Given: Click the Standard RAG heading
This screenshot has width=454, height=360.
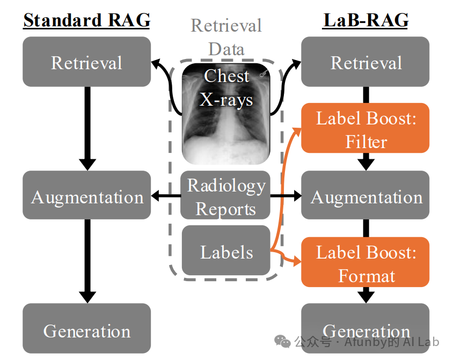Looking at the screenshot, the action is click(x=86, y=20).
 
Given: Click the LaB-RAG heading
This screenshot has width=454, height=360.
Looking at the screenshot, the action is click(x=365, y=20).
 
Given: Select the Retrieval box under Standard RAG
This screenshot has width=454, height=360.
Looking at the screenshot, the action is click(x=86, y=62).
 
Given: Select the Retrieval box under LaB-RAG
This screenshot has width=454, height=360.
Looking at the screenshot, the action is click(x=365, y=62).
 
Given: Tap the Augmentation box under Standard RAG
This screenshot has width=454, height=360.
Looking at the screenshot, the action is click(x=86, y=195).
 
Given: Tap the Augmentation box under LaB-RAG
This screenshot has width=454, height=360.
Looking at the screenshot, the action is click(x=365, y=195).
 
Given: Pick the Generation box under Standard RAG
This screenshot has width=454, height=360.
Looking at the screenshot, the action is click(x=86, y=328).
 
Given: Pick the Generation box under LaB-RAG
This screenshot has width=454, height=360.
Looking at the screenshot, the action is click(x=365, y=328).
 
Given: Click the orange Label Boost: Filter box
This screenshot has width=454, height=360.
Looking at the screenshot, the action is click(x=365, y=128).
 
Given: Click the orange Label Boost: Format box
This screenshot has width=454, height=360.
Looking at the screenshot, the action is click(x=365, y=262).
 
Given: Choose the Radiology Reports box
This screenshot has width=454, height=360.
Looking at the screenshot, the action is click(x=225, y=195).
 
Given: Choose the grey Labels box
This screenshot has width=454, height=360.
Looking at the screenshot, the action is click(x=226, y=251).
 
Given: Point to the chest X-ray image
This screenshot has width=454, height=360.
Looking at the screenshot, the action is click(x=226, y=114).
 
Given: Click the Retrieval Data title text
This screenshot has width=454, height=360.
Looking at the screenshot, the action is click(x=226, y=37).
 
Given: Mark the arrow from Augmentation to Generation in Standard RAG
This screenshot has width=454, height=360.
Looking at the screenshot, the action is click(x=87, y=261).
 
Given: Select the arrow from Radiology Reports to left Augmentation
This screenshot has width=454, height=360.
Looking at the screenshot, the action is click(x=166, y=196).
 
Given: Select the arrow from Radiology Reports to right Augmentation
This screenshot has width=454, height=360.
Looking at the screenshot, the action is click(x=286, y=196).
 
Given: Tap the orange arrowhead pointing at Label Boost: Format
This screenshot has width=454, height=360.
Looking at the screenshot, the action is click(x=297, y=262).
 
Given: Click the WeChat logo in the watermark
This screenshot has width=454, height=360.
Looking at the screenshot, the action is click(x=282, y=341).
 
